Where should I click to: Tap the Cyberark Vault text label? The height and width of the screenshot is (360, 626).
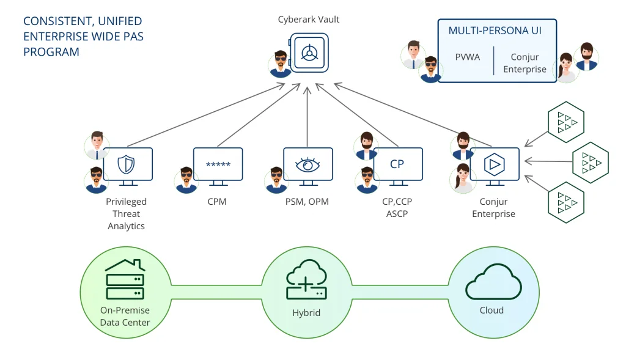(309, 20)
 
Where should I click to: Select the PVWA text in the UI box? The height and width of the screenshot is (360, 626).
(468, 57)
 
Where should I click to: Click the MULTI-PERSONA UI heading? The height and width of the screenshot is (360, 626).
(495, 31)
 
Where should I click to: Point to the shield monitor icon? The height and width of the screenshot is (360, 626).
(127, 166)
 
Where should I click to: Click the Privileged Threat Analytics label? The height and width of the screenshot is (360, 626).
(127, 214)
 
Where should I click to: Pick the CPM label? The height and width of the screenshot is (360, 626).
(217, 202)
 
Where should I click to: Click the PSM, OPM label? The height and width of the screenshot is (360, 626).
(307, 202)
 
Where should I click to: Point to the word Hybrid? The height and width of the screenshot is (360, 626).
(306, 313)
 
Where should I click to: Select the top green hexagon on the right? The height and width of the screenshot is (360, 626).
(565, 122)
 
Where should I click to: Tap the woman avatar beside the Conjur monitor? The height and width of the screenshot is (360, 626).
(463, 177)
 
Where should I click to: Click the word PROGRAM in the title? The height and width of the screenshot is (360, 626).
(51, 52)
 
